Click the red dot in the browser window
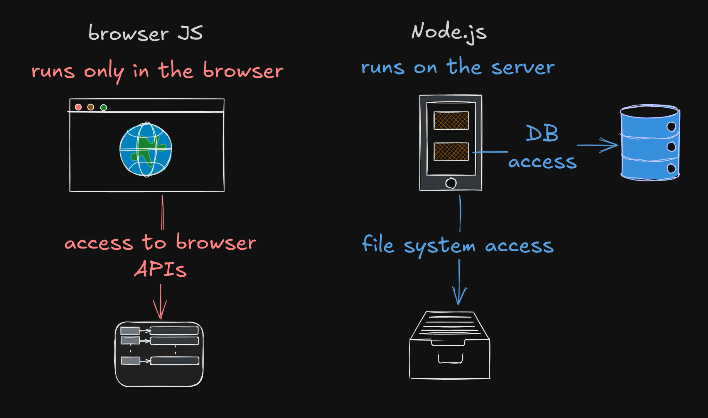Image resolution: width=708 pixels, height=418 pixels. [x=78, y=107]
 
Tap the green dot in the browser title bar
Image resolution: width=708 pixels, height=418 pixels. [x=103, y=107]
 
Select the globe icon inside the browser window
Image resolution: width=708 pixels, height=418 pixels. [x=146, y=150]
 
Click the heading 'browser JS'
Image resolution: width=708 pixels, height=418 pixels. [x=145, y=33]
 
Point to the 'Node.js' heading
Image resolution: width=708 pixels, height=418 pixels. [x=448, y=32]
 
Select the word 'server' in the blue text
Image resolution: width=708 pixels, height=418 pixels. [x=523, y=67]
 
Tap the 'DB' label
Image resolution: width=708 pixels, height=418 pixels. [x=542, y=134]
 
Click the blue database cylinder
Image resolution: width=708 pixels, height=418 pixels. [x=649, y=143]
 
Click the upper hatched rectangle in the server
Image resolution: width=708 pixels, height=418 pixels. [x=451, y=120]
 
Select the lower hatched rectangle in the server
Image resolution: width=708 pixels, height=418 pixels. [x=451, y=152]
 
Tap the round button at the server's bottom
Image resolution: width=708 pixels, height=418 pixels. [x=451, y=183]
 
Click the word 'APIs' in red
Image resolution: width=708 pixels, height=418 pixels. [x=160, y=269]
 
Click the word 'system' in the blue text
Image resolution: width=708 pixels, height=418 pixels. [x=439, y=246]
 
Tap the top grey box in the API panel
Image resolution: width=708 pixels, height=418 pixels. [x=130, y=331]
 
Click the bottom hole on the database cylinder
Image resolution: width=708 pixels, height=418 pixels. [x=671, y=168]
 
